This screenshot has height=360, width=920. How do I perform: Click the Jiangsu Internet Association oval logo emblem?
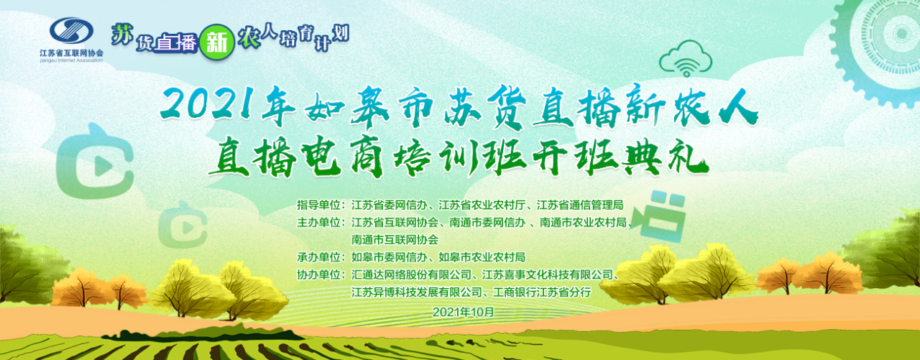71,30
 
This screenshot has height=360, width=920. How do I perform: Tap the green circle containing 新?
217,42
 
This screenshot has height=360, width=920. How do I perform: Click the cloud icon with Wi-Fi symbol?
686,59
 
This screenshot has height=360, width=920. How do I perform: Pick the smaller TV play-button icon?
183,224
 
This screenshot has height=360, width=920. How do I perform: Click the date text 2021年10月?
463,312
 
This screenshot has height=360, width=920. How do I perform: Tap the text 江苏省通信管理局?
580,205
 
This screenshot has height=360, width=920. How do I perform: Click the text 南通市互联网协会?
395,240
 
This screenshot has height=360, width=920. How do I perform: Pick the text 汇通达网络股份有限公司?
411,274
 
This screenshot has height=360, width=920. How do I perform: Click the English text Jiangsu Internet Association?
71,60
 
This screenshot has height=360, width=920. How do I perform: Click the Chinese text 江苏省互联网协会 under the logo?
71,53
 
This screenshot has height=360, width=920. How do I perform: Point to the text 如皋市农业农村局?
482,257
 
